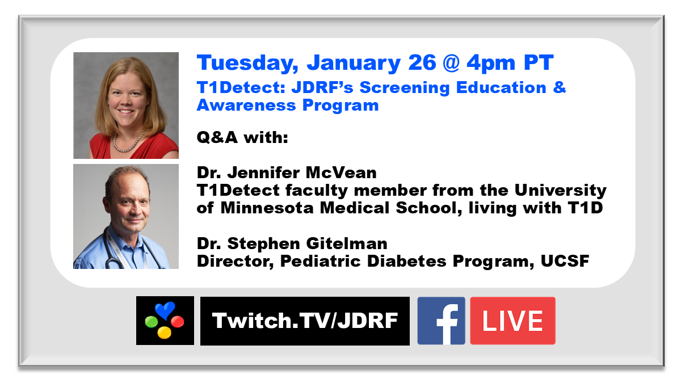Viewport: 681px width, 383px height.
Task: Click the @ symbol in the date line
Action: click(451, 63)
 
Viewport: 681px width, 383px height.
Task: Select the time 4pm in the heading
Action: click(491, 64)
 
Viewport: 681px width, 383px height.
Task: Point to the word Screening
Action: click(404, 88)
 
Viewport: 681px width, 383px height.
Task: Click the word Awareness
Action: click(246, 106)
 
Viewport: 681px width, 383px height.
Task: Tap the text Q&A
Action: click(217, 137)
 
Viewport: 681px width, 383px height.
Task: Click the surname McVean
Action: click(341, 172)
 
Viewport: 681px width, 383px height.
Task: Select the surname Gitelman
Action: click(347, 243)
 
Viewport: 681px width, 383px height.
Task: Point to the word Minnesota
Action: click(267, 208)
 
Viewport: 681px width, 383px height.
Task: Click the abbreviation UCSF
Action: click(565, 261)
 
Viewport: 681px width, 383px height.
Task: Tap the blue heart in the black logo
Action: click(165, 310)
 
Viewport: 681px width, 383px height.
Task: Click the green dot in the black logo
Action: click(151, 322)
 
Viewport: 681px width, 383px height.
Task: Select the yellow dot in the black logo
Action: click(164, 333)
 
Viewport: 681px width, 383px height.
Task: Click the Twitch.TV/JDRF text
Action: click(305, 321)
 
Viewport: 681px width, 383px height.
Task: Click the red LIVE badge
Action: click(512, 321)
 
